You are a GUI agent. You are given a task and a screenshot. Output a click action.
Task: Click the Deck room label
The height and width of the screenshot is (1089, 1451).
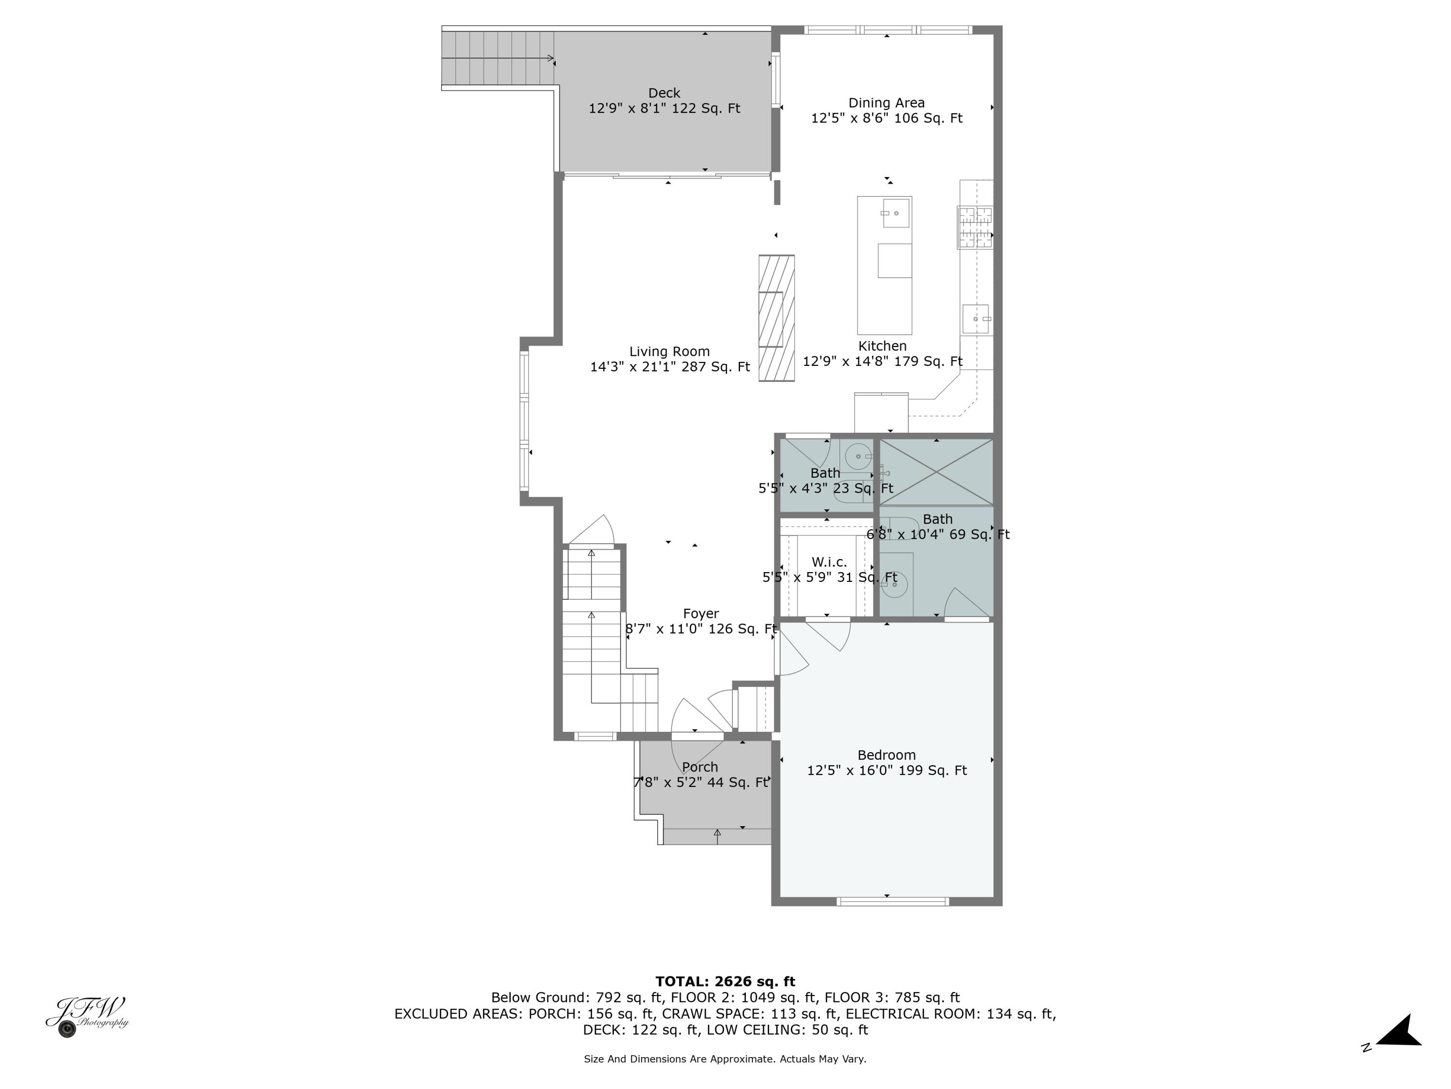tap(664, 93)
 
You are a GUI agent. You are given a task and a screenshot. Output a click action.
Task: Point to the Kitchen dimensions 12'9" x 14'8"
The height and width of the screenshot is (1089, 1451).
tap(882, 362)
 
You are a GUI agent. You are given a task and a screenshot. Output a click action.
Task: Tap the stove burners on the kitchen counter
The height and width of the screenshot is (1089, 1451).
tap(974, 227)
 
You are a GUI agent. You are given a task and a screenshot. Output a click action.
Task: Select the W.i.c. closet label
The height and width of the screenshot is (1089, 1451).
tap(829, 562)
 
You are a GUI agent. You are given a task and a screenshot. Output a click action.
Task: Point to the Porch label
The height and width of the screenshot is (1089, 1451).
tap(700, 767)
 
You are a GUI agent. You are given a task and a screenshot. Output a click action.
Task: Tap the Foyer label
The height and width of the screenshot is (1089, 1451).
tap(700, 614)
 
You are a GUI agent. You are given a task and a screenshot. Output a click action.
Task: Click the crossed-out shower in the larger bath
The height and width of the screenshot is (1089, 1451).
tap(936, 472)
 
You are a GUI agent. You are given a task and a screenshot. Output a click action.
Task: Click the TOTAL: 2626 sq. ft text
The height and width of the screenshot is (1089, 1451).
tap(725, 982)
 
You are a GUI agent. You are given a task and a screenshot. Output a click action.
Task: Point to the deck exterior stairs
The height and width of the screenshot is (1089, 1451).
tap(497, 59)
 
